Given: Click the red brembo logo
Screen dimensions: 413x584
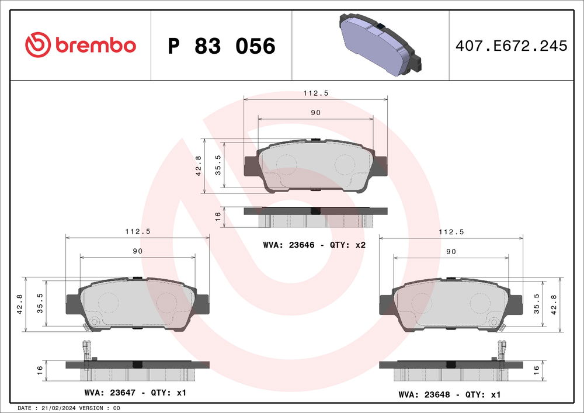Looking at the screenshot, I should coord(81,45).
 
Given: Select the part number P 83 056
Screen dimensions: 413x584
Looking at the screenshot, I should coord(221,46).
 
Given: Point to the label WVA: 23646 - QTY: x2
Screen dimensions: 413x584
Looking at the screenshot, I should coord(314,245).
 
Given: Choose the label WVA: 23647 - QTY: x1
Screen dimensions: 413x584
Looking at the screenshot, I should coord(135,393).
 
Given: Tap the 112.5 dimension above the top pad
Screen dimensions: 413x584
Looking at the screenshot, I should coord(315,92).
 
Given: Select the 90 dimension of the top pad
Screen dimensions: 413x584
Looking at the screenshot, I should coord(315,113).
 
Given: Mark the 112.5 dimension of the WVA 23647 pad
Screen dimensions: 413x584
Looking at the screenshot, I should coord(138,231).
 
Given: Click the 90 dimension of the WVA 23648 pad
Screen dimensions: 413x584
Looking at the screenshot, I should coord(451,251).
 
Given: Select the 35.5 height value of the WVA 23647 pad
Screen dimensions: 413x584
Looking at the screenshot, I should coord(41,304).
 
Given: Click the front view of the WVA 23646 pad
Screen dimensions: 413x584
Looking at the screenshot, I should coord(315,166).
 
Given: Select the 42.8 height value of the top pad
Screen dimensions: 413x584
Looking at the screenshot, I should coord(199,166).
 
